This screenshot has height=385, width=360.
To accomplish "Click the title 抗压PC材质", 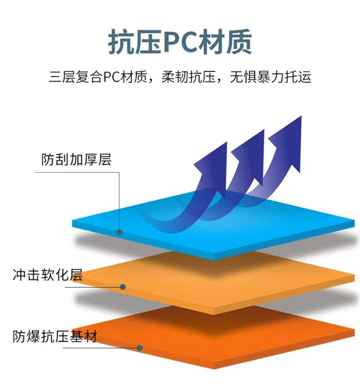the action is (x=180, y=43).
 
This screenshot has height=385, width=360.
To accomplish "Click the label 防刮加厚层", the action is (x=76, y=159).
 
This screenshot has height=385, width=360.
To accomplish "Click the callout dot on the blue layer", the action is (x=119, y=232).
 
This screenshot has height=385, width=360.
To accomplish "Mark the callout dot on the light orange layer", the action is (x=122, y=286).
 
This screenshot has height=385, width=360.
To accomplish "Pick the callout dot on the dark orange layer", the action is (x=139, y=348).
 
